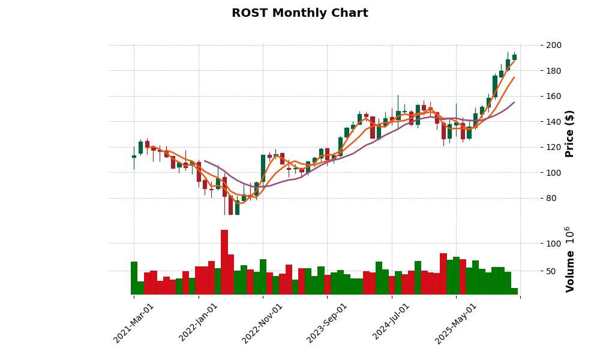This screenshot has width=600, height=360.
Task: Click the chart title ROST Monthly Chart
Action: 299,13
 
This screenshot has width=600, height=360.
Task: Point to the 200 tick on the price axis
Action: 554,45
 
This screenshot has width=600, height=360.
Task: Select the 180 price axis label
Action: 554,71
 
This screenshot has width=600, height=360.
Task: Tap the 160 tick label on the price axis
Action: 554,96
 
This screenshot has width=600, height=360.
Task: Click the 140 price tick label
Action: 554,122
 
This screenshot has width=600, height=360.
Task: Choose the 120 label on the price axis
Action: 554,147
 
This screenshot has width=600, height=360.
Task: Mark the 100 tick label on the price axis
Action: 554,173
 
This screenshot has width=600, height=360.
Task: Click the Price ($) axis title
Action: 570,133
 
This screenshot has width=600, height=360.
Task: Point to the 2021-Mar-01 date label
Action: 134,323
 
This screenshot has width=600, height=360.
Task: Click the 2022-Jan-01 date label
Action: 199,323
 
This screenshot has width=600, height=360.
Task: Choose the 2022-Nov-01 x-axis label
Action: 262,323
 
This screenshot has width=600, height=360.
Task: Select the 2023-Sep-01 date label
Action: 327,323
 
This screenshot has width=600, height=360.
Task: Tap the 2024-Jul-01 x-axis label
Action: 391,323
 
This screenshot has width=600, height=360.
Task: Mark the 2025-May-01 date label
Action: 456,323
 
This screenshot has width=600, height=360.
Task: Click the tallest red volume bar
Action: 224,263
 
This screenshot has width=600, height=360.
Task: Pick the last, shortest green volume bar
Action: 514,292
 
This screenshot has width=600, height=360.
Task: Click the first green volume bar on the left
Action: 134,278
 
